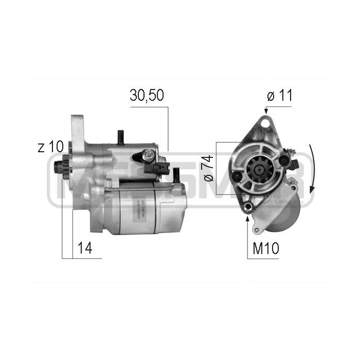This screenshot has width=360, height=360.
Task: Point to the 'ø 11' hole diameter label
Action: pos(279,96)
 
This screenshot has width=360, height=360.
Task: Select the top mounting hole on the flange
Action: pos(266,122)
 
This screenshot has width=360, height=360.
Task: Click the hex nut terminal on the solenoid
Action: pos(149,153)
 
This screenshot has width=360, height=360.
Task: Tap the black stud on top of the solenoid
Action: pos(120,137)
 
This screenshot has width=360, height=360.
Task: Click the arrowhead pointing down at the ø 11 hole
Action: pos(266,111)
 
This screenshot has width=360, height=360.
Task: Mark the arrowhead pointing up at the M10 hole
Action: pos(249,217)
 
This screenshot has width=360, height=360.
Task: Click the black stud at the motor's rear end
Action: pos(179,178)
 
